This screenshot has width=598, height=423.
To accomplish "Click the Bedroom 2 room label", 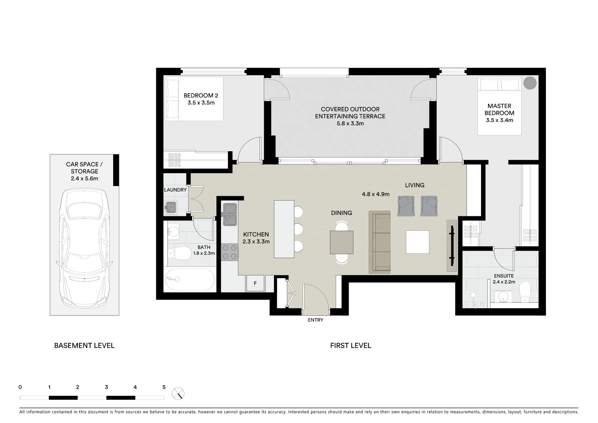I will (x=201, y=96).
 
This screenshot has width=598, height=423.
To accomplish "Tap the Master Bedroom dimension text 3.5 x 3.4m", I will (x=499, y=120).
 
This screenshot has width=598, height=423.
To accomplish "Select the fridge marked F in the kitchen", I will (x=255, y=283).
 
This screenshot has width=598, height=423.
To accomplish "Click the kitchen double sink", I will (x=230, y=214).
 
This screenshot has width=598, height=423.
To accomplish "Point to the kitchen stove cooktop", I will (x=230, y=252).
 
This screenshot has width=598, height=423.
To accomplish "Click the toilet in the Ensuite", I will (x=524, y=294).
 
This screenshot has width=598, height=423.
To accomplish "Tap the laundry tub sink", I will (x=171, y=207).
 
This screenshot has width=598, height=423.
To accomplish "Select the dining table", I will (x=341, y=242).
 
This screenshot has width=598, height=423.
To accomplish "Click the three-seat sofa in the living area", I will (x=380, y=242).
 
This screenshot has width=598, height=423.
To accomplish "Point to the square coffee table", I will (x=417, y=242).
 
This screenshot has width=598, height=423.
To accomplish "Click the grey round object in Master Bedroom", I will (x=530, y=83).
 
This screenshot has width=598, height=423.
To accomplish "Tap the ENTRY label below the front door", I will (x=315, y=320).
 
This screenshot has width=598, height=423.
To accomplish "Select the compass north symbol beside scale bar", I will (x=178, y=394).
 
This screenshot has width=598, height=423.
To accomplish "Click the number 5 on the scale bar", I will (x=164, y=387).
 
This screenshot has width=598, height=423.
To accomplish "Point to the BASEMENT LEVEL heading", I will (x=84, y=345).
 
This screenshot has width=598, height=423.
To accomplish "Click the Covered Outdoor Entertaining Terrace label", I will (x=350, y=113).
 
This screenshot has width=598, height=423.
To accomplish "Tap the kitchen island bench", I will (x=284, y=229).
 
